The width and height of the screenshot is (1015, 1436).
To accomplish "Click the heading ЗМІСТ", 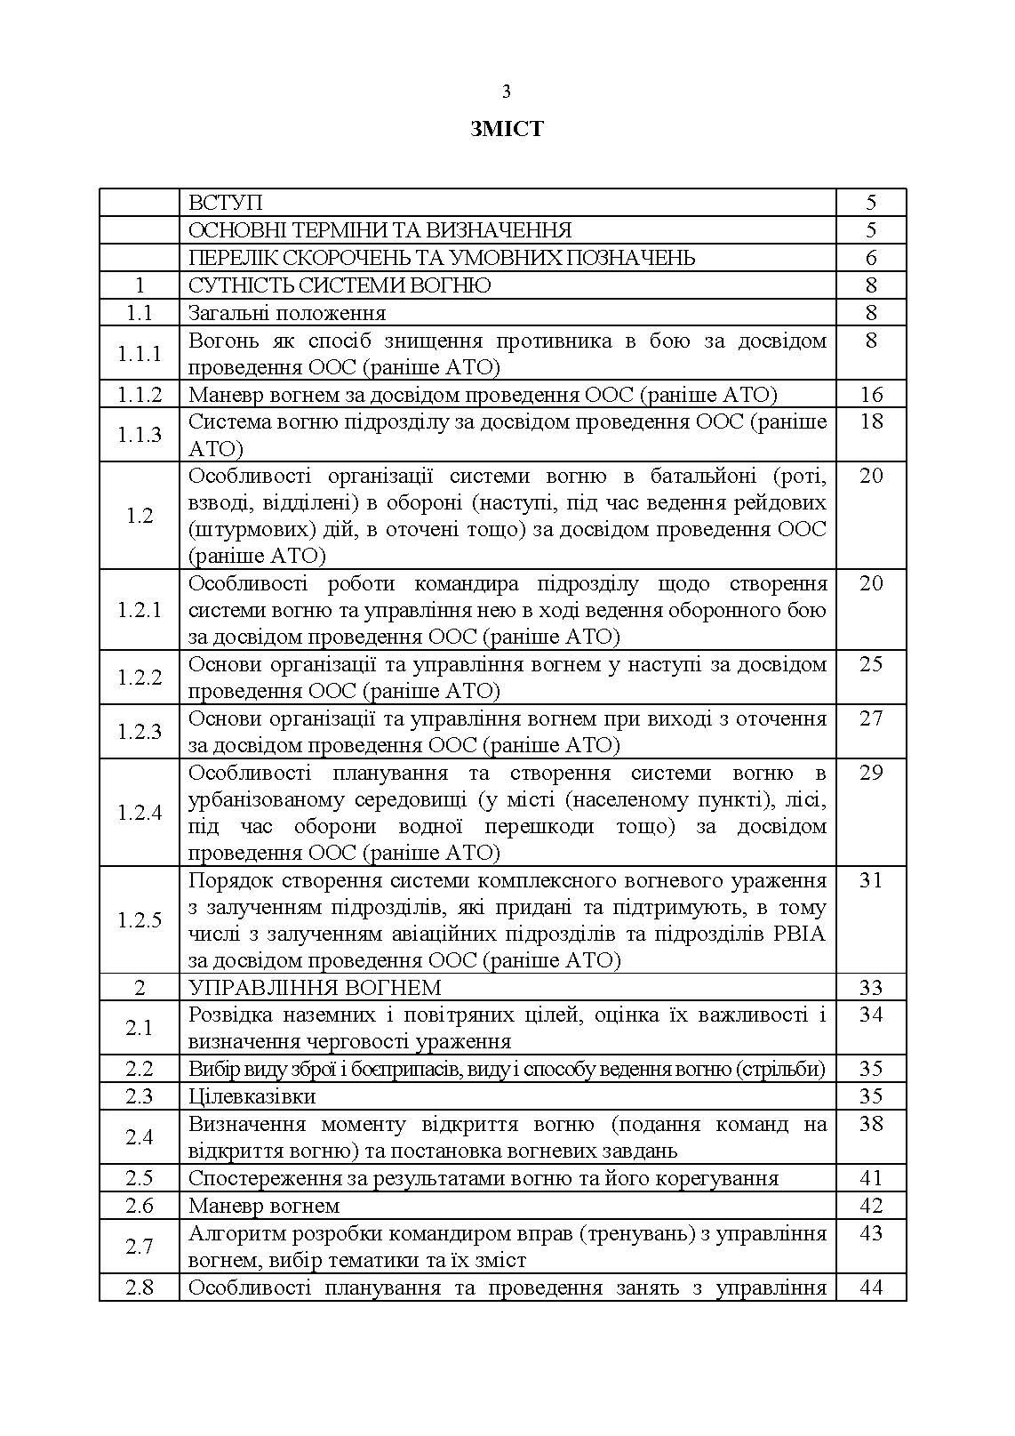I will tap(507, 130).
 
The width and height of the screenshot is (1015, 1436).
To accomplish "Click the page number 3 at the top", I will tap(507, 92).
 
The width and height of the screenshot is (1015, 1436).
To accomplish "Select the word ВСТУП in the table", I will tap(226, 204).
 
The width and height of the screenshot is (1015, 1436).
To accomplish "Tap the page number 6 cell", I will tap(871, 258).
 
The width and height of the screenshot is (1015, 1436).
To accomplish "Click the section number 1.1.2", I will tap(140, 395).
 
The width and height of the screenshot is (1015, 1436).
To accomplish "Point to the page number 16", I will tap(871, 395).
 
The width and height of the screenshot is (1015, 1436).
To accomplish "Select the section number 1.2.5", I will tap(140, 920).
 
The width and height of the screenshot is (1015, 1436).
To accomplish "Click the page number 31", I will tap(871, 880).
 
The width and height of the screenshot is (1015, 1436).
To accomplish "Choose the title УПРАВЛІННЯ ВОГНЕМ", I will tap(315, 988).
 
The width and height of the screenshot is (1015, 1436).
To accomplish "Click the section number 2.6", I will tap(140, 1206).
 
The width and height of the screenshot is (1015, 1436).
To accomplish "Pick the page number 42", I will tap(871, 1206).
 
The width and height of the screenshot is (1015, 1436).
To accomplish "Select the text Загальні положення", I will tap(287, 313).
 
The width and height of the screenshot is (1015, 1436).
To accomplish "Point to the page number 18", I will tap(871, 421).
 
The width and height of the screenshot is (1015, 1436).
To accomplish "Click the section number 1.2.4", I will tap(140, 813).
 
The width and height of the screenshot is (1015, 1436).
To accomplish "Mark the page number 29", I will tap(871, 773).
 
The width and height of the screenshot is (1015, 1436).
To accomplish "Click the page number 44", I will tap(871, 1287).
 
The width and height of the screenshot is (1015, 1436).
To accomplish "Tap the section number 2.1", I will tap(140, 1028).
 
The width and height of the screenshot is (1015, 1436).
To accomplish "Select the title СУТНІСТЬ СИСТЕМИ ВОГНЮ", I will tap(340, 285).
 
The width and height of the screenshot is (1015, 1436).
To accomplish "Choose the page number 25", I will tap(871, 664).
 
